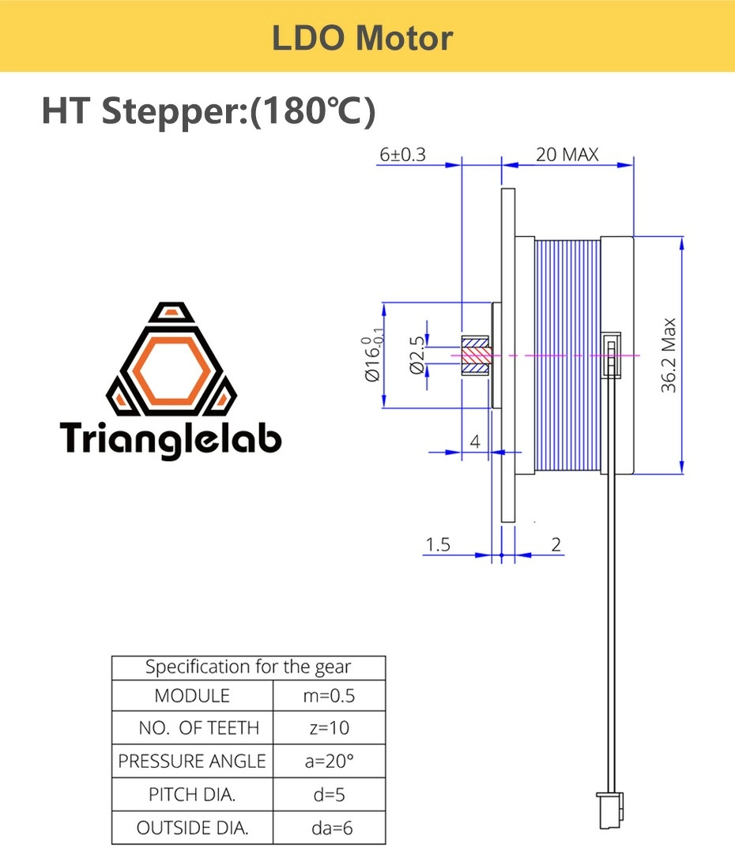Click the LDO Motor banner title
point(363,37)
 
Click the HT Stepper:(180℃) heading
point(208,111)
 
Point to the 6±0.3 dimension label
point(403,154)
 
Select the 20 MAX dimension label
point(567,154)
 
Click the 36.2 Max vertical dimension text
point(669,355)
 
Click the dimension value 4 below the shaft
point(475,442)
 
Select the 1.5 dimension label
point(438,544)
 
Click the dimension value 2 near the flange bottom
point(556,544)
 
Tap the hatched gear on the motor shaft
point(477,355)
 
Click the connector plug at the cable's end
point(610,810)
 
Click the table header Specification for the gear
point(248,667)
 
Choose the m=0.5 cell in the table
point(330,696)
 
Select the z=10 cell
point(330,728)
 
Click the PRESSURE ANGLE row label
point(192,761)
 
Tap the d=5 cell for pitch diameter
point(330,795)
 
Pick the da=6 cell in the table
point(330,829)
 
